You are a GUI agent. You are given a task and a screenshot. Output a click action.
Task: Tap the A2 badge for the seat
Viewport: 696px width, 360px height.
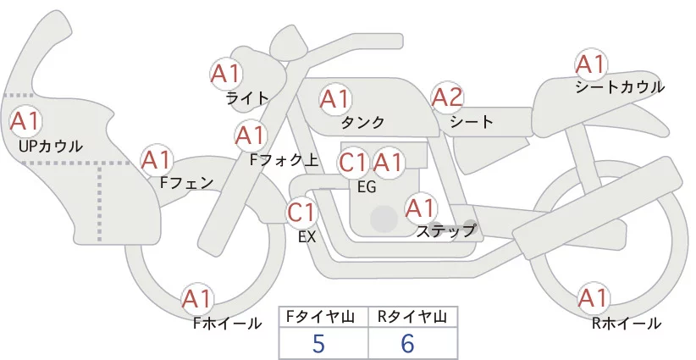tap(447, 97)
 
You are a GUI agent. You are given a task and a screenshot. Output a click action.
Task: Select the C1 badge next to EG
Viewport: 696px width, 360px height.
tap(353, 162)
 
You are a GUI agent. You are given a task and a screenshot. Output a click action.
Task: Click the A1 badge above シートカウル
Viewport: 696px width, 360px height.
tap(590, 64)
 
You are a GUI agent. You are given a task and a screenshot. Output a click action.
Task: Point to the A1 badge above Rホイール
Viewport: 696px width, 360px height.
tap(592, 298)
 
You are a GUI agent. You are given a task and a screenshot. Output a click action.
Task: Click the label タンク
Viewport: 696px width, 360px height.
tap(362, 122)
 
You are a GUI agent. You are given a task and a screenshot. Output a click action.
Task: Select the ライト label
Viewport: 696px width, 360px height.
tap(247, 97)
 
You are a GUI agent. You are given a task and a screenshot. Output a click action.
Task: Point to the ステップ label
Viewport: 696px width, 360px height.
tap(446, 230)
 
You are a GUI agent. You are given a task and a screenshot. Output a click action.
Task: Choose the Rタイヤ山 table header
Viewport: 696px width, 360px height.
tap(412, 318)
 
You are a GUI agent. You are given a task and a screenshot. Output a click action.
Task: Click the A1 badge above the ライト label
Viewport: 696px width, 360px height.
tap(225, 73)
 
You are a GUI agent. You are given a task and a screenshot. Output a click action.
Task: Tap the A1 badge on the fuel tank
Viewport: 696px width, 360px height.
tap(334, 99)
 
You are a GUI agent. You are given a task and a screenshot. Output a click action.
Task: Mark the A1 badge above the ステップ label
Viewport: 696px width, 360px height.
tap(421, 207)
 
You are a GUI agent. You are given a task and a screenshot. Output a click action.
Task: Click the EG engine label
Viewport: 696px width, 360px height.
tap(367, 186)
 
